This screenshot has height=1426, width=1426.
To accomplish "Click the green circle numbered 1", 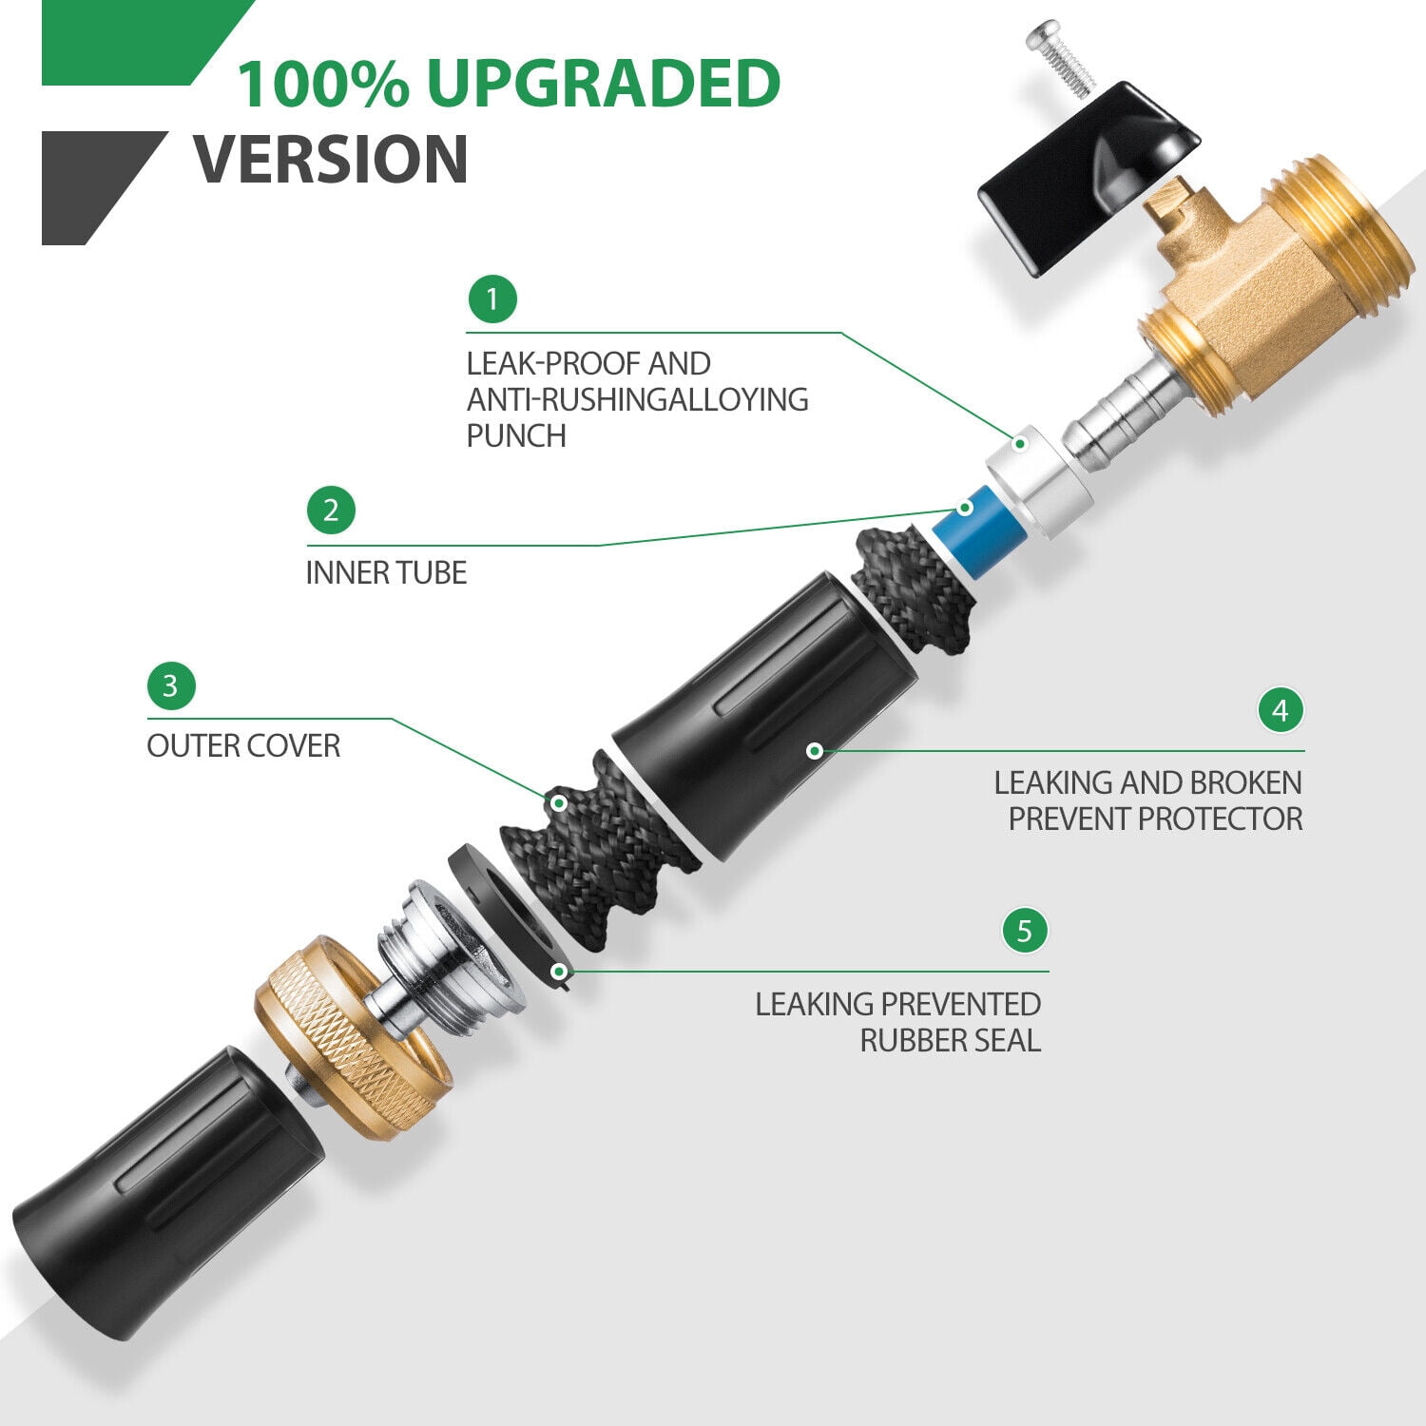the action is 491,299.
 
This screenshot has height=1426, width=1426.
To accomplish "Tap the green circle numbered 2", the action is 331,511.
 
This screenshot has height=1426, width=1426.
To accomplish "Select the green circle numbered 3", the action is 171,685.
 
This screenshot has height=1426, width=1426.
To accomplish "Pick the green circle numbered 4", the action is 1281,710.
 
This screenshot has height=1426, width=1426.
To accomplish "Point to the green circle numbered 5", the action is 1024,930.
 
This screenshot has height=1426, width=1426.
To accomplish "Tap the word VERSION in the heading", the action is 331,159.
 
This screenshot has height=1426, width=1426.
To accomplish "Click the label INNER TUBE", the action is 386,573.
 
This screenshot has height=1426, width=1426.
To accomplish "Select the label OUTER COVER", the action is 243,746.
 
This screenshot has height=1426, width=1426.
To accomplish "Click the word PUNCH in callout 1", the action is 516,435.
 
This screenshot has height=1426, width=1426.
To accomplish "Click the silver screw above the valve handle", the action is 1062,57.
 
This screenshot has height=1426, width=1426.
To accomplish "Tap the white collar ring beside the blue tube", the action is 1038,482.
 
